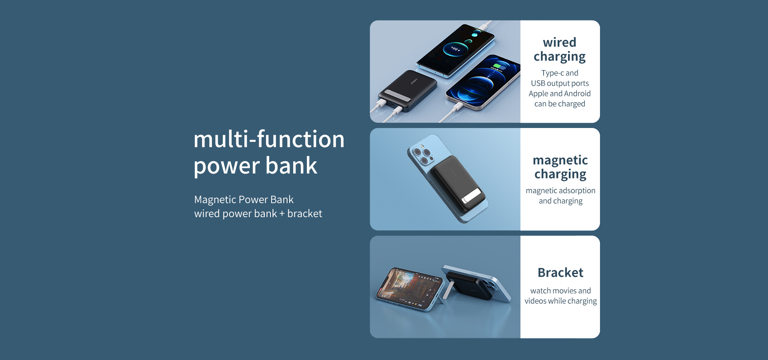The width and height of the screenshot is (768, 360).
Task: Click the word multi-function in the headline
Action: pyautogui.click(x=269, y=139)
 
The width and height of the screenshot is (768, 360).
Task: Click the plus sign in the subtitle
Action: pyautogui.click(x=282, y=214)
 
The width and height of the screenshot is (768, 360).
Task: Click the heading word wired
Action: pyautogui.click(x=560, y=42)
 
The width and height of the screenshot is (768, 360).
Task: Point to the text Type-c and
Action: pyautogui.click(x=560, y=73)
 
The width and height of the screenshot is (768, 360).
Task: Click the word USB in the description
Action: pyautogui.click(x=538, y=83)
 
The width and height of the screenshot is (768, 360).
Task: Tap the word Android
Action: pyautogui.click(x=577, y=94)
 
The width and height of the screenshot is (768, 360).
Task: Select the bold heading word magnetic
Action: pyautogui.click(x=560, y=160)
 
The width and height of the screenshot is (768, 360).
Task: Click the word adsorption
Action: pyautogui.click(x=576, y=191)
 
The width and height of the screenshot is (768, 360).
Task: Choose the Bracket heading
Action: pyautogui.click(x=560, y=272)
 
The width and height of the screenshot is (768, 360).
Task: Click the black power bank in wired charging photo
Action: pyautogui.click(x=408, y=91)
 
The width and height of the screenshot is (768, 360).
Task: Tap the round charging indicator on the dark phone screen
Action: pyautogui.click(x=455, y=50)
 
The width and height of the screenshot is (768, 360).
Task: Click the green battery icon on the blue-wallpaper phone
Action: pyautogui.click(x=498, y=66)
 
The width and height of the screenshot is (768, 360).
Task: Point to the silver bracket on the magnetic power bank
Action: pyautogui.click(x=471, y=196)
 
